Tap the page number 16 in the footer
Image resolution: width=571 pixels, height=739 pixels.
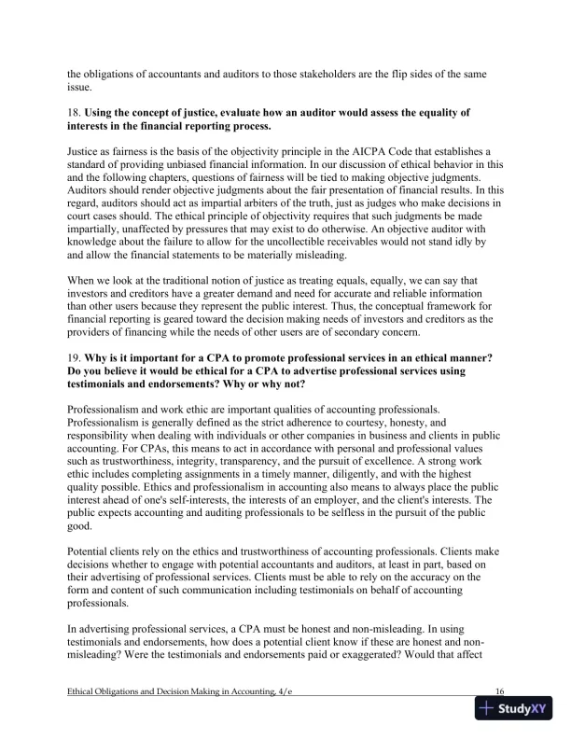tap(500, 690)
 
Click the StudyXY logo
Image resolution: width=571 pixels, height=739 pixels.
tap(514, 708)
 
